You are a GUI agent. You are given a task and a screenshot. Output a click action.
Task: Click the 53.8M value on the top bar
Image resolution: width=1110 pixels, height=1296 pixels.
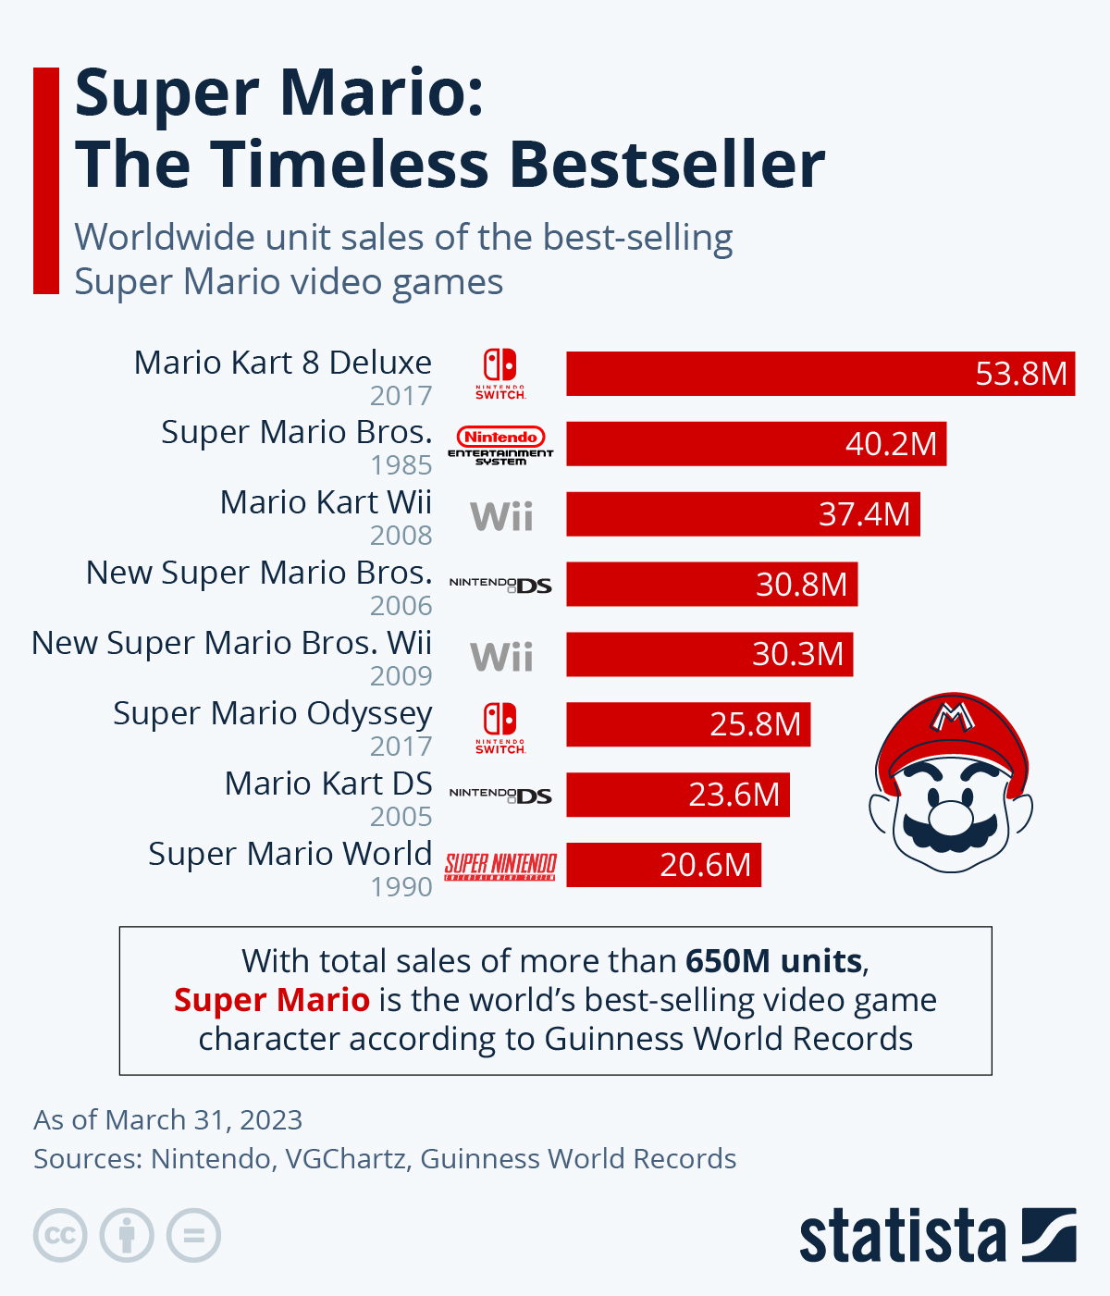[x=1021, y=374]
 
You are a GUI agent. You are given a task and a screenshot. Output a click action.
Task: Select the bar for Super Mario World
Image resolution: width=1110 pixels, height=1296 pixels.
[x=663, y=865]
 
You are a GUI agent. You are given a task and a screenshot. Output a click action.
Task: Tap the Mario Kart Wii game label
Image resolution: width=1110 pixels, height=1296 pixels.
[x=326, y=502]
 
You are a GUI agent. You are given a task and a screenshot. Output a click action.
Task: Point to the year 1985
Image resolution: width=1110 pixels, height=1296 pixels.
[x=401, y=465]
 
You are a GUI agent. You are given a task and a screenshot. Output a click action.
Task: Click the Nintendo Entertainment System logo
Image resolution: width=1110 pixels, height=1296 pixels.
[x=500, y=445]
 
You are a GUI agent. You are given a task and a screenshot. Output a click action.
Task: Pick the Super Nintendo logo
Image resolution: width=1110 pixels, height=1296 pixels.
[x=500, y=866]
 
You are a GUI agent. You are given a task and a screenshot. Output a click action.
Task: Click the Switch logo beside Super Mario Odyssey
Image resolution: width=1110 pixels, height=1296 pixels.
[x=500, y=727]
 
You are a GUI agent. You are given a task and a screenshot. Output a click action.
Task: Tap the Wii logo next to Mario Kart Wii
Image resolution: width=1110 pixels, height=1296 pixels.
[x=501, y=516]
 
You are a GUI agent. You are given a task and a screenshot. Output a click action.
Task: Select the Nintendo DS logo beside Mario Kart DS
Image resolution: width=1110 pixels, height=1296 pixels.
[x=500, y=795]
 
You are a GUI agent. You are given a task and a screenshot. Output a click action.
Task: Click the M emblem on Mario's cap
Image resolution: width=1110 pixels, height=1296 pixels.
[x=953, y=715]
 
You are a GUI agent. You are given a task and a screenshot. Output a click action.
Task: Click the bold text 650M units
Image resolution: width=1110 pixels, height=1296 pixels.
[x=773, y=961]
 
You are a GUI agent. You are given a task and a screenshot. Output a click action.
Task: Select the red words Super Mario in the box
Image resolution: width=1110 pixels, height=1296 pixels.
[x=272, y=1000]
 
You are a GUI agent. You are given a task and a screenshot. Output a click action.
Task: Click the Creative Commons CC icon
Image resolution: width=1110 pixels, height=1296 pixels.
[x=60, y=1235]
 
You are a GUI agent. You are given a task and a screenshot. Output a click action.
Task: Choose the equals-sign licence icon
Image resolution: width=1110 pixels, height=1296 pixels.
[x=193, y=1235]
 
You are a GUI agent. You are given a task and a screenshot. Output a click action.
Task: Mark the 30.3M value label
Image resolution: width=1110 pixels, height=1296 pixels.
[x=797, y=654]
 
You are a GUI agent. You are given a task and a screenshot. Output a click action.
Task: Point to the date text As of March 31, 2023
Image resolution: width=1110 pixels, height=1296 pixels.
[x=168, y=1119]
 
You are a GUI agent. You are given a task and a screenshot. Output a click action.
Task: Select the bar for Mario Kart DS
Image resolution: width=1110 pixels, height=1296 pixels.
[x=678, y=795]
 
